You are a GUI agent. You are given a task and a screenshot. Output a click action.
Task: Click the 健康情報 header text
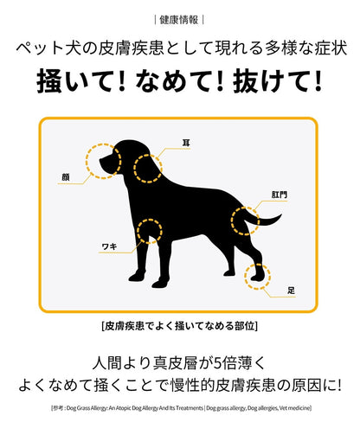[179, 20]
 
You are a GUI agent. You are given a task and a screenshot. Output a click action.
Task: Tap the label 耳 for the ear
[186, 143]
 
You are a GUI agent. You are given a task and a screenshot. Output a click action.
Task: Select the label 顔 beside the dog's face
[66, 177]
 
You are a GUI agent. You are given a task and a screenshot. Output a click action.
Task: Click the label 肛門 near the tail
[280, 195]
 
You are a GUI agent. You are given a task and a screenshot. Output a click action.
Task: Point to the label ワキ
[110, 246]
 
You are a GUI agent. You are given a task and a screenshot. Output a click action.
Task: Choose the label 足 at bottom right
[292, 291]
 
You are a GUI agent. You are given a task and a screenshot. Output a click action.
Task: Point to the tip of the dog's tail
[281, 214]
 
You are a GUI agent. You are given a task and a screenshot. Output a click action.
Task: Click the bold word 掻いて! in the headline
[81, 81]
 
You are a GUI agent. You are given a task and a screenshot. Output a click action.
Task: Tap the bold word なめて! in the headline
[180, 81]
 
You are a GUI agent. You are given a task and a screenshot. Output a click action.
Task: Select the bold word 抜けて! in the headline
[278, 81]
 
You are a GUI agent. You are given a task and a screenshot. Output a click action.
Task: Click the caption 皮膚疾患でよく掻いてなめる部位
[179, 326]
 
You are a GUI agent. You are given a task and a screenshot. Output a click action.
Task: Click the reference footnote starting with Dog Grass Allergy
[181, 408]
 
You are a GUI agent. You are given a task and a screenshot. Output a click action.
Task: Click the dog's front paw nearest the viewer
[158, 285]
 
